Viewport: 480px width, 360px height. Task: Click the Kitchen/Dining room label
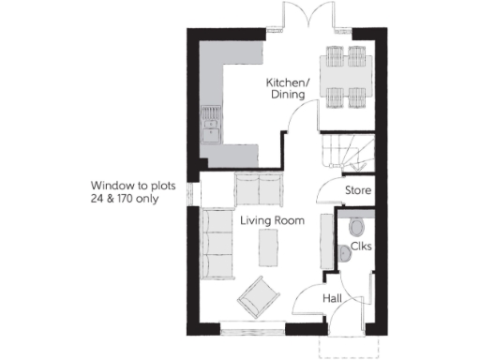pos(284,88)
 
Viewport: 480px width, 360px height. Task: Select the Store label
pos(358,191)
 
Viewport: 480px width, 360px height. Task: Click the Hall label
pos(332,298)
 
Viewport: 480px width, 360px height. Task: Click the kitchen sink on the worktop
pos(210,122)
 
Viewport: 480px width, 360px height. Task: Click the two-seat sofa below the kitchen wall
pos(258,189)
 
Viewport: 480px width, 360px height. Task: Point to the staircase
pos(345,151)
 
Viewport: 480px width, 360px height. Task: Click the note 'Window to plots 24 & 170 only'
pos(124,192)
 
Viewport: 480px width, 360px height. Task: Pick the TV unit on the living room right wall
pos(326,243)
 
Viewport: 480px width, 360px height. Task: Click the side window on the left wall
pos(192,192)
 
